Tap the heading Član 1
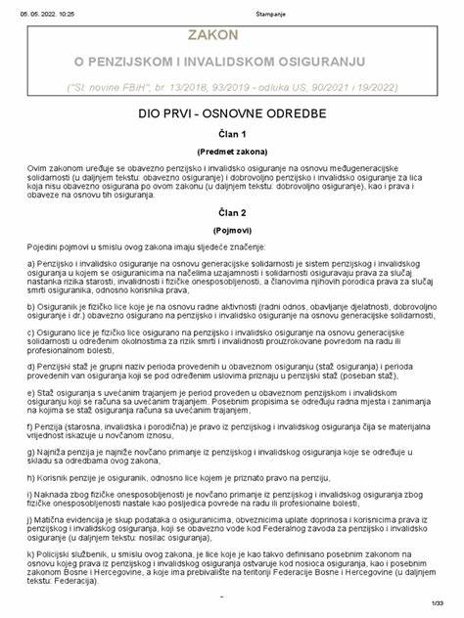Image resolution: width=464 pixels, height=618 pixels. pyautogui.click(x=231, y=135)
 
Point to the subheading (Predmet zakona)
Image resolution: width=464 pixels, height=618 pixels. pyautogui.click(x=231, y=153)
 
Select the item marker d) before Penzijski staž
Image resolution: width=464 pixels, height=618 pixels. pyautogui.click(x=32, y=363)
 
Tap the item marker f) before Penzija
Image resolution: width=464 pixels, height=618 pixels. pyautogui.click(x=31, y=427)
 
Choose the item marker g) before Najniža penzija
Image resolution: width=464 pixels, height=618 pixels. pyautogui.click(x=32, y=453)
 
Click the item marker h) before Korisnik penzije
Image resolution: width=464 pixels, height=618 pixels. pyautogui.click(x=32, y=479)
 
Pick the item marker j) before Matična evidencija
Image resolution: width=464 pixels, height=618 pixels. pyautogui.click(x=31, y=523)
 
